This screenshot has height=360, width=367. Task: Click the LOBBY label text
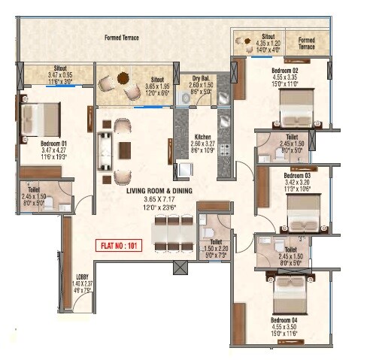(x=83, y=276)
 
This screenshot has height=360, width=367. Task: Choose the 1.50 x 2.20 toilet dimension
(x=212, y=247)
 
